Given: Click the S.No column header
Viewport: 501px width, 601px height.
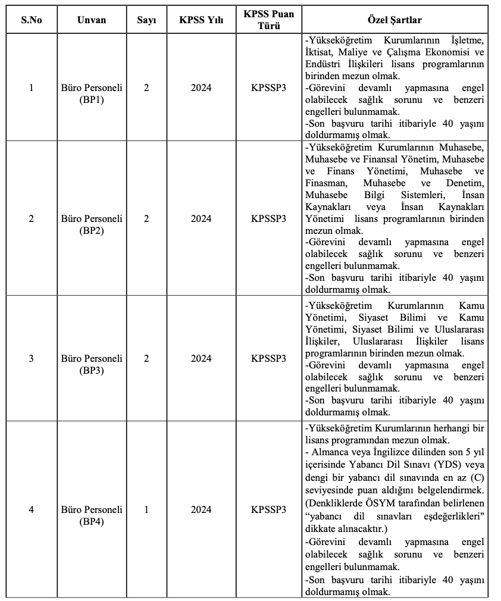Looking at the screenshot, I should (32, 20).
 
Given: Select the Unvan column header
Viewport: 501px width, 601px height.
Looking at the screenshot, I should (92, 20).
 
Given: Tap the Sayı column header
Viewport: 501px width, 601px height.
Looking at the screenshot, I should (146, 20).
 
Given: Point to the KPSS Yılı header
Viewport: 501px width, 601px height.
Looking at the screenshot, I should (201, 20).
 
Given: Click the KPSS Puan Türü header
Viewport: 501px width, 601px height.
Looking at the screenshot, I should (268, 20).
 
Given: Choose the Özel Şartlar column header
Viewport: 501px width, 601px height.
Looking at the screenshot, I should (394, 20).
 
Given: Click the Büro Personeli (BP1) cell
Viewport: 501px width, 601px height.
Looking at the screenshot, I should (92, 93).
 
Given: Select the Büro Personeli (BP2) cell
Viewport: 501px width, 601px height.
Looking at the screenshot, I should (92, 224).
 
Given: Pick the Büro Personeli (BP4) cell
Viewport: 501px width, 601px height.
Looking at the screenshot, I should (92, 515).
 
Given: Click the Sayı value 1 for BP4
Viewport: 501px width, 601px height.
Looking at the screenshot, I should (146, 510).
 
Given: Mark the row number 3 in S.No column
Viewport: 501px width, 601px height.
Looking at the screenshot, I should (32, 359).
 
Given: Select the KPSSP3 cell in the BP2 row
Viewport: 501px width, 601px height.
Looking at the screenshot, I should (268, 219).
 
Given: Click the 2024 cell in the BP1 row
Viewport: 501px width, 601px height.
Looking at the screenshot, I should (201, 88).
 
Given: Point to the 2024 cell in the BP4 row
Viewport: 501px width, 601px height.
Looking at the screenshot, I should (201, 510).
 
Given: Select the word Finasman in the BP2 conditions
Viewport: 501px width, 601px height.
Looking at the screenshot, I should (325, 183).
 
